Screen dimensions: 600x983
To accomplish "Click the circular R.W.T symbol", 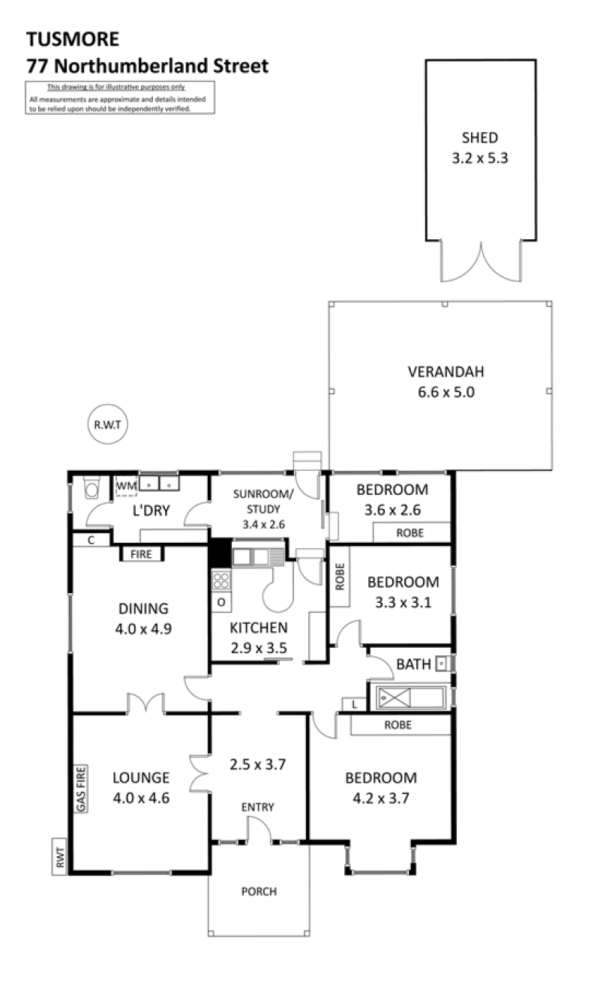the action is point(107,424).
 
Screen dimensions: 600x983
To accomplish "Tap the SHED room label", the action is point(480,138).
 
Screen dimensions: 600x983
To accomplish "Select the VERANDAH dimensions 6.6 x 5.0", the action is point(446,392).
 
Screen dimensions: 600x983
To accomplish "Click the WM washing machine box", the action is point(127,487).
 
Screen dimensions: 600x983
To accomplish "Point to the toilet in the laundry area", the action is point(91,487).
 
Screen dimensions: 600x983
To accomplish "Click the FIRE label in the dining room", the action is point(141,554).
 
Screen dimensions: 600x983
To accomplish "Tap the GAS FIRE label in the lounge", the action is point(81,789).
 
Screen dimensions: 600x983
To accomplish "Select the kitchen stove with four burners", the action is point(220,580).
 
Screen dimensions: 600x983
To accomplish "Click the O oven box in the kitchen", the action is point(220,602).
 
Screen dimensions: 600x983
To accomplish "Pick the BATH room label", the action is point(413,664).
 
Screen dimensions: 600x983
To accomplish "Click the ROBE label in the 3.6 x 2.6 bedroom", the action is point(410,533).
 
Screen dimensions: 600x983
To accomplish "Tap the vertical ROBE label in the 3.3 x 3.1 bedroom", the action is point(340,577).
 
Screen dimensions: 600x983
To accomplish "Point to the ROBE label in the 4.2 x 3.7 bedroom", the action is point(397,724).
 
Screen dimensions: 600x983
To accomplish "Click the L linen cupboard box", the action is point(354,705).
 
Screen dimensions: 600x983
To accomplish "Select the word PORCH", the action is point(259,892).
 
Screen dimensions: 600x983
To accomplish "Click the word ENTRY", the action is point(258,807).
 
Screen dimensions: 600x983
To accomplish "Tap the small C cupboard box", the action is point(91,540).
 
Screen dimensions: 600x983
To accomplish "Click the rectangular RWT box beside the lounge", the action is point(59,857).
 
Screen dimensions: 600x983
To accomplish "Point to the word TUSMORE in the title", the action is point(73,39).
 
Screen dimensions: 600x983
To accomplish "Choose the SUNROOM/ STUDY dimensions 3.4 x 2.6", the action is point(264,524).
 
